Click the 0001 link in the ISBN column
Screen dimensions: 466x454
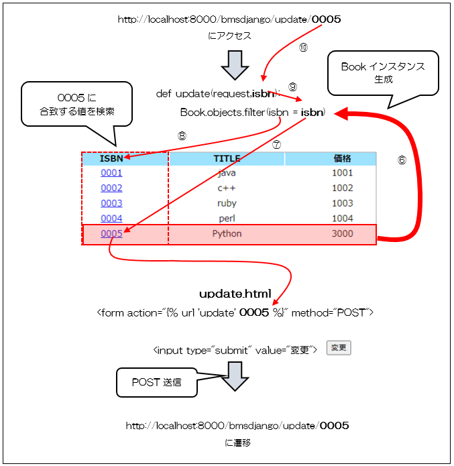tap(111, 173)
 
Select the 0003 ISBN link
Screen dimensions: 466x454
tap(111, 203)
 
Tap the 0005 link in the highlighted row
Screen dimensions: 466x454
tap(111, 234)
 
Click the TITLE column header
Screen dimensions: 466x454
tap(227, 159)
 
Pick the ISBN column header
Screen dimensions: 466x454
tap(111, 159)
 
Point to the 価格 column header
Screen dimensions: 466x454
tap(342, 159)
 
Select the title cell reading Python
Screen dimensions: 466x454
tap(227, 234)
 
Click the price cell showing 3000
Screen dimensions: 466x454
tap(342, 234)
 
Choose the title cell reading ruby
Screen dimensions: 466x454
tap(227, 203)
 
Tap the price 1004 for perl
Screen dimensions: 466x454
tap(342, 219)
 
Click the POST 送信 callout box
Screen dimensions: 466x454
tap(156, 382)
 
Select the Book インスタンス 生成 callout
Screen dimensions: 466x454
tap(382, 72)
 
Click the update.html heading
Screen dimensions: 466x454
tap(235, 294)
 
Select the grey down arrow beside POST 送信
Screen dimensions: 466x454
tap(235, 377)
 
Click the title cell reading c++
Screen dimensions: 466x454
tap(227, 188)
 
